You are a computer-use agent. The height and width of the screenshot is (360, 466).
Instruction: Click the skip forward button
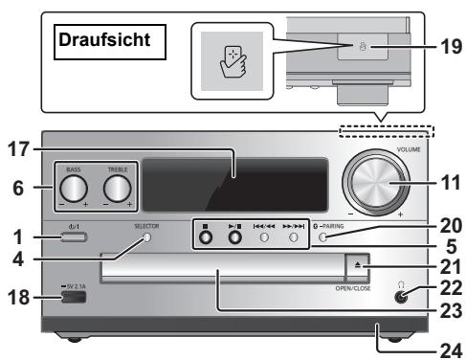[295, 236]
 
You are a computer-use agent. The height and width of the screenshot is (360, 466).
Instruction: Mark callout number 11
[443, 179]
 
